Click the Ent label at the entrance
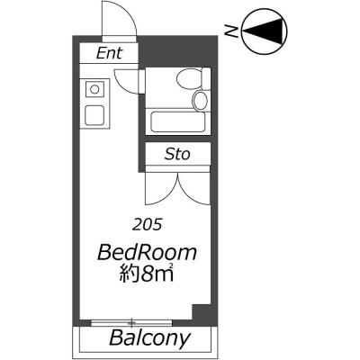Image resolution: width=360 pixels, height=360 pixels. click(x=109, y=53)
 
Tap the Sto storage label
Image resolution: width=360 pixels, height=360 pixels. click(x=177, y=154)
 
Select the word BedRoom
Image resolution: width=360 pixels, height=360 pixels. click(x=147, y=253)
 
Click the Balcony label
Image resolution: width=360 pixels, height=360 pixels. click(x=150, y=338)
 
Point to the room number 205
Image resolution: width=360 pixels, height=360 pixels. click(x=148, y=224)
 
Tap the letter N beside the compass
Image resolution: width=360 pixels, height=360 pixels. click(x=231, y=31)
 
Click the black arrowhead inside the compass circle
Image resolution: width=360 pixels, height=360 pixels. click(x=262, y=31)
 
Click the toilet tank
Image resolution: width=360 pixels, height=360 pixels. click(x=206, y=78)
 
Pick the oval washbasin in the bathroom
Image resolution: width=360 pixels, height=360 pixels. click(x=200, y=101)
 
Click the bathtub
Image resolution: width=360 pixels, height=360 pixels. click(x=178, y=121)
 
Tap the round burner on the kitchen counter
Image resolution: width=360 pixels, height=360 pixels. click(x=94, y=89)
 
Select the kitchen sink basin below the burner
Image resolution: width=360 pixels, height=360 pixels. click(x=94, y=116)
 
